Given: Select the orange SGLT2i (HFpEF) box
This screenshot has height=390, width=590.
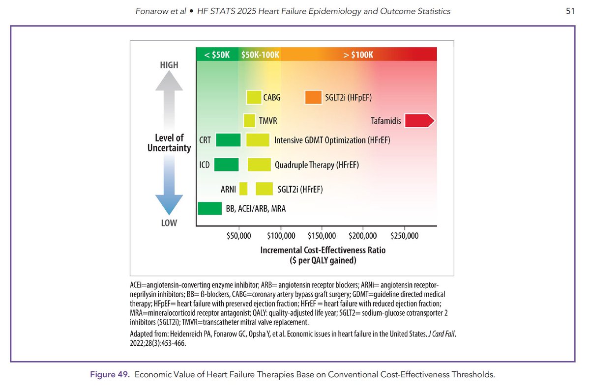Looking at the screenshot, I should point(313,98).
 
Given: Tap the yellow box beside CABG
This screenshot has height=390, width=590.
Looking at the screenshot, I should point(254,98).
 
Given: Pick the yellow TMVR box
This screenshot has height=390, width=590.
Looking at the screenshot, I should point(250,121).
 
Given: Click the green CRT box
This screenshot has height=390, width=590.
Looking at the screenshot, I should point(228,140).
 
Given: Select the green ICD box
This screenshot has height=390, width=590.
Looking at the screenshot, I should point(226,165).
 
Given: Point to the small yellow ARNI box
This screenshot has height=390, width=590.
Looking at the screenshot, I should point(243,189).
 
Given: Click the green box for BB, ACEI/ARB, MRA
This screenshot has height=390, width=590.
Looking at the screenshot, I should point(210,209).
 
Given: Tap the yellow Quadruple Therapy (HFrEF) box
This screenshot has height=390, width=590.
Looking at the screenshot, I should point(259,165).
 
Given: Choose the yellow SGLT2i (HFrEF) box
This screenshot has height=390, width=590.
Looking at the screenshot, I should point(265,189).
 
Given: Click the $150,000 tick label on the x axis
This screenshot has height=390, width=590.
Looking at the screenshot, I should point(322,236).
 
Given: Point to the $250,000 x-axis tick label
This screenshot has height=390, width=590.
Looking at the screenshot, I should point(404,236).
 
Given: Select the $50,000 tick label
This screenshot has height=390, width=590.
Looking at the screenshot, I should point(239,236).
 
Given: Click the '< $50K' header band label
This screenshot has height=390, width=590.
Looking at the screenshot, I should point(217,55).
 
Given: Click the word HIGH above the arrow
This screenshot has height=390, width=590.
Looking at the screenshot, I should point(169,65).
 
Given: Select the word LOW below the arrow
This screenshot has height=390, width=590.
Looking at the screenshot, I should point(169,223).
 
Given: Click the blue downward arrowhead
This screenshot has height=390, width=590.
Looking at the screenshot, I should point(169,204).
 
